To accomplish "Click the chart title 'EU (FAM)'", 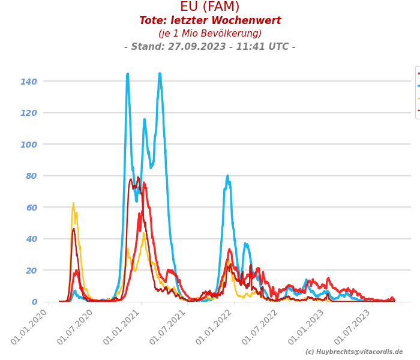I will click(x=210, y=7).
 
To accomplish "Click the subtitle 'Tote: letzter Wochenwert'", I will click(x=210, y=21).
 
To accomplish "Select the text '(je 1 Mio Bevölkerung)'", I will click(x=210, y=34).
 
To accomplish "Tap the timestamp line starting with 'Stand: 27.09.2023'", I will click(x=210, y=47).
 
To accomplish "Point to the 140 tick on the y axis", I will click(x=29, y=82).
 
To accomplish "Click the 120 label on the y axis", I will click(x=29, y=113).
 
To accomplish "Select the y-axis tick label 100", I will click(x=29, y=145).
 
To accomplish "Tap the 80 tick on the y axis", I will click(x=31, y=176).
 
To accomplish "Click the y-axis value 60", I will click(x=31, y=208).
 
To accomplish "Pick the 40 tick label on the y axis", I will click(x=31, y=239).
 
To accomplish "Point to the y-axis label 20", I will click(x=31, y=271).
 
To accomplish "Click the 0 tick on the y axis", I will click(x=34, y=302).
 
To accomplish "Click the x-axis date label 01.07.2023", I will click(x=355, y=326).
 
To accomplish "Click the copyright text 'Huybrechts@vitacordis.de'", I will click(x=358, y=352).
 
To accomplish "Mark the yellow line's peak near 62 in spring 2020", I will click(x=73, y=204).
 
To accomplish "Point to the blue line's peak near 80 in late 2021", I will click(x=227, y=176).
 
